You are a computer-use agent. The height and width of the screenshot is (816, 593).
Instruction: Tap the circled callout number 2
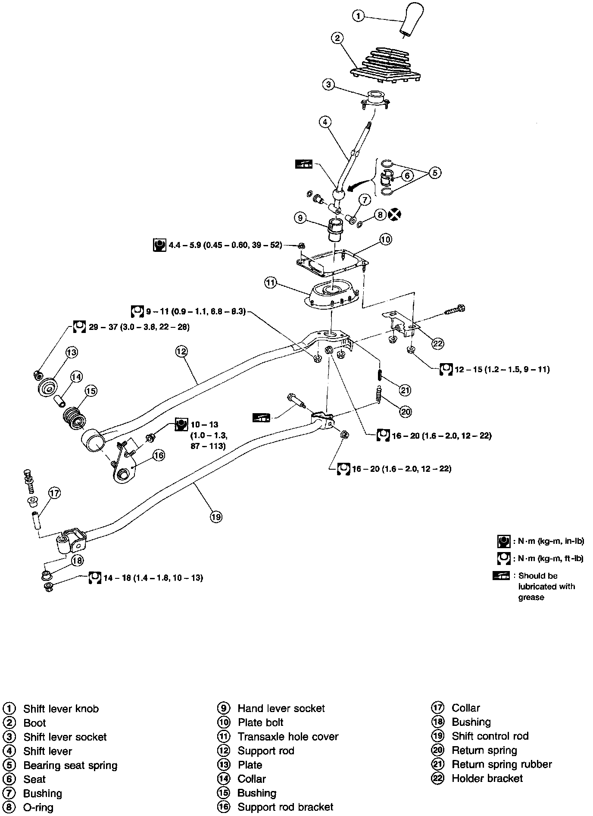point(337,38)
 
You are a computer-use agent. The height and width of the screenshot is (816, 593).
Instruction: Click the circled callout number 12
point(181,352)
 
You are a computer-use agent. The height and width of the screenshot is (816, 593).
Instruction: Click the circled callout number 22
point(438,343)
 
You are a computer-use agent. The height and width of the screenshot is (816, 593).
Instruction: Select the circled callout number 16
point(159,455)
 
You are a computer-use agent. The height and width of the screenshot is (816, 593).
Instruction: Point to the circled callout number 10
point(385,239)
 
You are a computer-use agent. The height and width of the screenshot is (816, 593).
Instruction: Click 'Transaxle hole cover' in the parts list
point(288,737)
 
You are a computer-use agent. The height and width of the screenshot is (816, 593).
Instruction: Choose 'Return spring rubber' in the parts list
point(502,764)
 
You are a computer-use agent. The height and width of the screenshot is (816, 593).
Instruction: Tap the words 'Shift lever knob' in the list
point(61,709)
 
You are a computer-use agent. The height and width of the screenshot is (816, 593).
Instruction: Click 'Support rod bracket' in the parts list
point(285,807)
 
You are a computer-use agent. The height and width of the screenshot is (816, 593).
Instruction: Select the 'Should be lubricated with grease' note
point(546,587)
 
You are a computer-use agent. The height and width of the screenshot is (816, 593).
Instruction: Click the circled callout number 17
point(55,493)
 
